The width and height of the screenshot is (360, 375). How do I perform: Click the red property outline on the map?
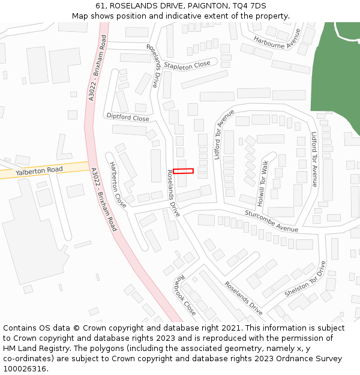184,171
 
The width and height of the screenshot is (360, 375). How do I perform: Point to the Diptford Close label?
127,118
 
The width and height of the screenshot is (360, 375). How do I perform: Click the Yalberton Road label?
39,170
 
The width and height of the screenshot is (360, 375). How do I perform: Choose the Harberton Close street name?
118,185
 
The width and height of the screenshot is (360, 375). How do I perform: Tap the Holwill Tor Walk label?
263,174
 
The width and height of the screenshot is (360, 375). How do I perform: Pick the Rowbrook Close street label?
185,296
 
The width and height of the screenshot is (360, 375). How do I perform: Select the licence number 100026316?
26,369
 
